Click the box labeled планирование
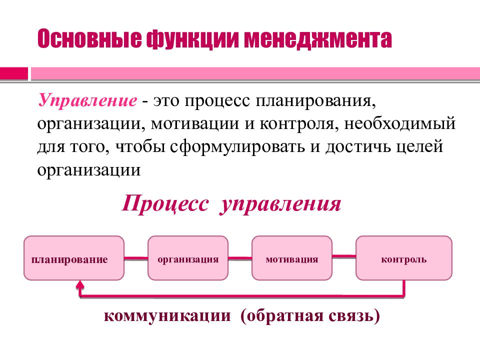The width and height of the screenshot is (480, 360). [x=74, y=258]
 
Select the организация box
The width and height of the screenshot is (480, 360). [x=188, y=258]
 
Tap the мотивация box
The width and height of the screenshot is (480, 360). [x=291, y=258]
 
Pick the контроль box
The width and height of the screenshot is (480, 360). [x=404, y=258]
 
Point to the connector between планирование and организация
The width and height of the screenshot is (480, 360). [x=136, y=258]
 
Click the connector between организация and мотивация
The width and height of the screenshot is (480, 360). [x=240, y=258]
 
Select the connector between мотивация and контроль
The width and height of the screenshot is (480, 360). [x=344, y=256]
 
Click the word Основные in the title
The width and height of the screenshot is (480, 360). [x=89, y=38]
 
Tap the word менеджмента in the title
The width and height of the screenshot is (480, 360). [x=318, y=39]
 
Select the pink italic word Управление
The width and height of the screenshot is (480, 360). [x=87, y=100]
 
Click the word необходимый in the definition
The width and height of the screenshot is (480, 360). [x=400, y=123]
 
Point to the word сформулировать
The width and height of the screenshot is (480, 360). [x=237, y=147]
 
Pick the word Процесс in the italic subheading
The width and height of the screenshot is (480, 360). [x=165, y=204]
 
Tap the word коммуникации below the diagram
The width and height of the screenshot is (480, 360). [x=167, y=315]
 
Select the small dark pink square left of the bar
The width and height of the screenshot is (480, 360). [x=14, y=74]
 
